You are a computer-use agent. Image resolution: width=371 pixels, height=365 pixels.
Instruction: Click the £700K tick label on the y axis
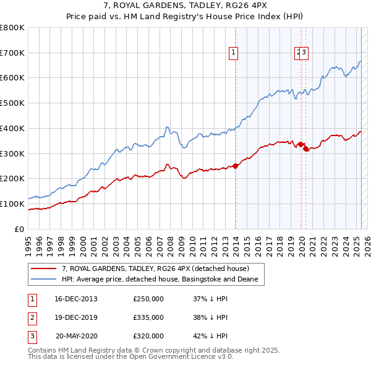point(12,53)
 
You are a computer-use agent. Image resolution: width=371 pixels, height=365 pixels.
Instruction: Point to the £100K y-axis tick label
point(12,204)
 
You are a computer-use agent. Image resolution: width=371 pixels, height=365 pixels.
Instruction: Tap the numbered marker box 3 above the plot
point(305,53)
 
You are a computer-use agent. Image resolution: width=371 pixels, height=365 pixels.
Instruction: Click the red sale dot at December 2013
point(235,166)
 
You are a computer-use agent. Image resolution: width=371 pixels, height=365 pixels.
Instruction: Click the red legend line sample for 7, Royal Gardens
point(43,268)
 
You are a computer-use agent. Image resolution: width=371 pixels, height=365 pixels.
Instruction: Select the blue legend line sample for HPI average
point(43,280)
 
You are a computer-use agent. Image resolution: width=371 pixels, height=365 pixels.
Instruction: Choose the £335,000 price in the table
point(148,317)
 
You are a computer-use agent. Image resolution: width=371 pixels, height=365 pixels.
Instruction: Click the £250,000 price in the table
point(148,299)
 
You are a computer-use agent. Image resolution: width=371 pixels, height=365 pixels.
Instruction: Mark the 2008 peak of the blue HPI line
point(167,127)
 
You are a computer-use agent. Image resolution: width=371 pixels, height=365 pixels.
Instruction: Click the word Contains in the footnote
point(41,350)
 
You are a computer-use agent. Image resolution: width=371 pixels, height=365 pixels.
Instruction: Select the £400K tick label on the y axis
point(12,128)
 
